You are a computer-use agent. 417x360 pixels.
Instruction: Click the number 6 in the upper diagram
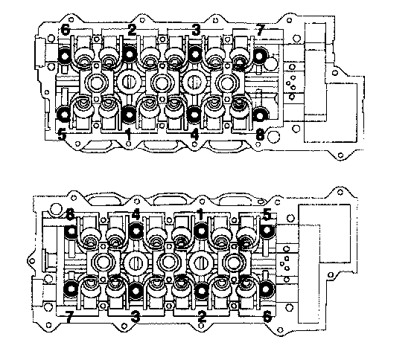tap(66, 30)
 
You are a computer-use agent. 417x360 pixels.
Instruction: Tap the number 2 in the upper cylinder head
tap(132, 30)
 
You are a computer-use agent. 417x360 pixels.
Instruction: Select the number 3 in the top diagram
tap(196, 30)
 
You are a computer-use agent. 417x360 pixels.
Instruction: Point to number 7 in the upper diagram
tap(260, 30)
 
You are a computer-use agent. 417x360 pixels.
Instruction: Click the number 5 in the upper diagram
tap(62, 135)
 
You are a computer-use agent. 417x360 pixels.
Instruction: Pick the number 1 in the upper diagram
tap(129, 135)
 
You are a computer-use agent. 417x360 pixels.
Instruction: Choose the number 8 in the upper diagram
tap(260, 135)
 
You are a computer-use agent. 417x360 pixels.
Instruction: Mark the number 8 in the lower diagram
tap(70, 214)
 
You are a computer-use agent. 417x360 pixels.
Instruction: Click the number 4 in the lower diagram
tap(136, 214)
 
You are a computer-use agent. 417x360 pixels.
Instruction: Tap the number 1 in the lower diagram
tap(200, 214)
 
